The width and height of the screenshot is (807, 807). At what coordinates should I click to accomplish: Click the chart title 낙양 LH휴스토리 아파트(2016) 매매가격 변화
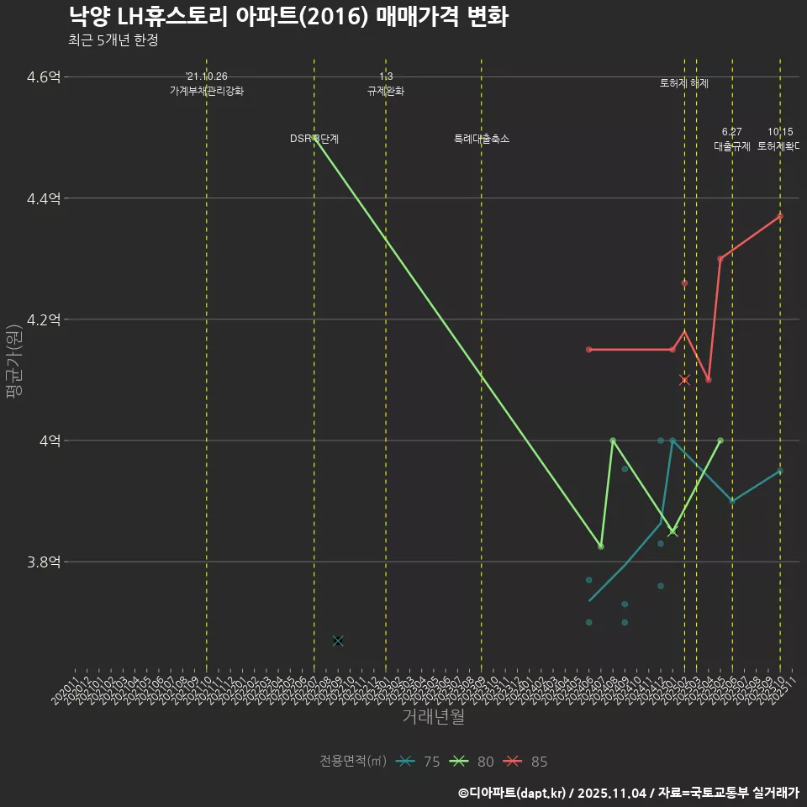tap(287, 17)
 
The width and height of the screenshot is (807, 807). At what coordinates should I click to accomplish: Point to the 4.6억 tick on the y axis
tap(44, 77)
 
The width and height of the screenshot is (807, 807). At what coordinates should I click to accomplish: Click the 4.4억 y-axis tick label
tap(44, 198)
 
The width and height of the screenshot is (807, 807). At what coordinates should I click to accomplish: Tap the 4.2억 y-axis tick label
tap(44, 319)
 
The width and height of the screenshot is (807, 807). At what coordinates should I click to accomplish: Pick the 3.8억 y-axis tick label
tap(44, 562)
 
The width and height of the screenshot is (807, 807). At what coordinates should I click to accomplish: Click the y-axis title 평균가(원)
tap(13, 361)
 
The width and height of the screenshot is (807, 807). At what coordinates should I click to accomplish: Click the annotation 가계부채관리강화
tap(207, 91)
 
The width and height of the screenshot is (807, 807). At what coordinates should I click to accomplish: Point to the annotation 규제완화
tap(386, 91)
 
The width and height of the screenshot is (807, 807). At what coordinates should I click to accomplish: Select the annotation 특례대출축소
tap(482, 139)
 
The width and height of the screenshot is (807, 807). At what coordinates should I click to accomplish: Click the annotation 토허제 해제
tap(684, 83)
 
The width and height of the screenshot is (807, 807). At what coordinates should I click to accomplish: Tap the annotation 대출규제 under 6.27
tap(732, 145)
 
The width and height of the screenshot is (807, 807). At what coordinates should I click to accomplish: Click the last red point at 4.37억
tap(780, 216)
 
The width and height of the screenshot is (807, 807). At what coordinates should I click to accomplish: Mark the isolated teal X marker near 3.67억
tap(338, 641)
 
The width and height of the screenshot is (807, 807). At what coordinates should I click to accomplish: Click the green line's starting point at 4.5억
tap(314, 137)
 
